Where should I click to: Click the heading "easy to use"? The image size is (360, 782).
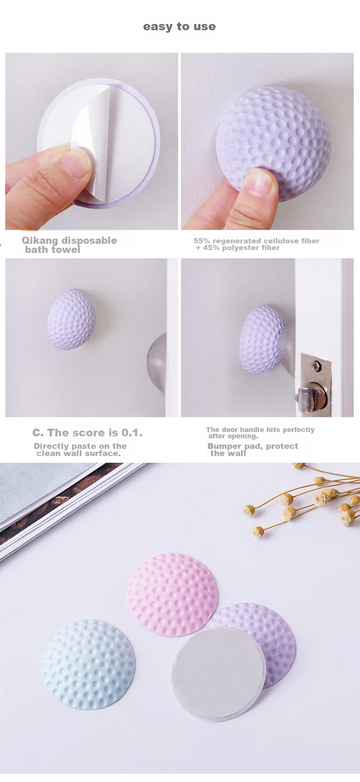pos(180,26)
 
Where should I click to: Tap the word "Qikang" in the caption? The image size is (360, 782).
pos(40,241)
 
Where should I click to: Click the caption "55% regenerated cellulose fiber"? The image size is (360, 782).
pos(256,241)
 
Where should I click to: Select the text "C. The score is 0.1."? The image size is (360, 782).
pos(87,433)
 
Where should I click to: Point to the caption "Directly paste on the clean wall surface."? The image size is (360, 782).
pos(80,450)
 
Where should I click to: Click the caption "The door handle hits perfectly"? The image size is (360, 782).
pos(260,430)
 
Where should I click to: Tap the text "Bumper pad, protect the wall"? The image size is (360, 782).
pos(253,450)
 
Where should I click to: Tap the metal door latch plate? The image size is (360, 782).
pos(316,385)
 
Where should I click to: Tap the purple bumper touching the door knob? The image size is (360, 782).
pos(262,340)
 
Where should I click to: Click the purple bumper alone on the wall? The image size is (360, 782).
pos(72,319)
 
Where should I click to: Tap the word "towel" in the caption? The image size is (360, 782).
pos(66,250)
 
